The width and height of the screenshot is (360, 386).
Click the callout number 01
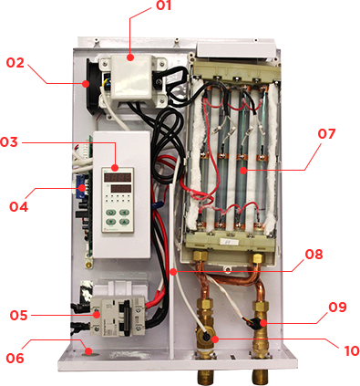tap(164, 5)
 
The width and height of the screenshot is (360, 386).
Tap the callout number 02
tap(15, 63)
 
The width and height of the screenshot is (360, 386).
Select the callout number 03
tap(9, 142)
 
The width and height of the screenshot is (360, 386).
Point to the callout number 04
tap(18, 207)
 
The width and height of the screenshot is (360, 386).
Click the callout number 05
tap(18, 316)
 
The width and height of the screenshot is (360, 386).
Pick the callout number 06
tap(15, 358)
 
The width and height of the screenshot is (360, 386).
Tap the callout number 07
tap(327, 134)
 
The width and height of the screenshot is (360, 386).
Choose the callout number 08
tap(314, 255)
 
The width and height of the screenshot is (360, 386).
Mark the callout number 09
tap(337, 308)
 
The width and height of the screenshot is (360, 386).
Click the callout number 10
tap(352, 350)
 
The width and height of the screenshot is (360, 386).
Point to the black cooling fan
tap(92, 86)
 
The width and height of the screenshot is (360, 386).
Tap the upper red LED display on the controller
tap(118, 177)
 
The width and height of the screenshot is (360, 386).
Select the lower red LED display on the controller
tap(121, 189)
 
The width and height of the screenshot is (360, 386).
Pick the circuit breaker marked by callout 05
tap(118, 316)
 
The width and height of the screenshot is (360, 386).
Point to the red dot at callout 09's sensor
tap(262, 323)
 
